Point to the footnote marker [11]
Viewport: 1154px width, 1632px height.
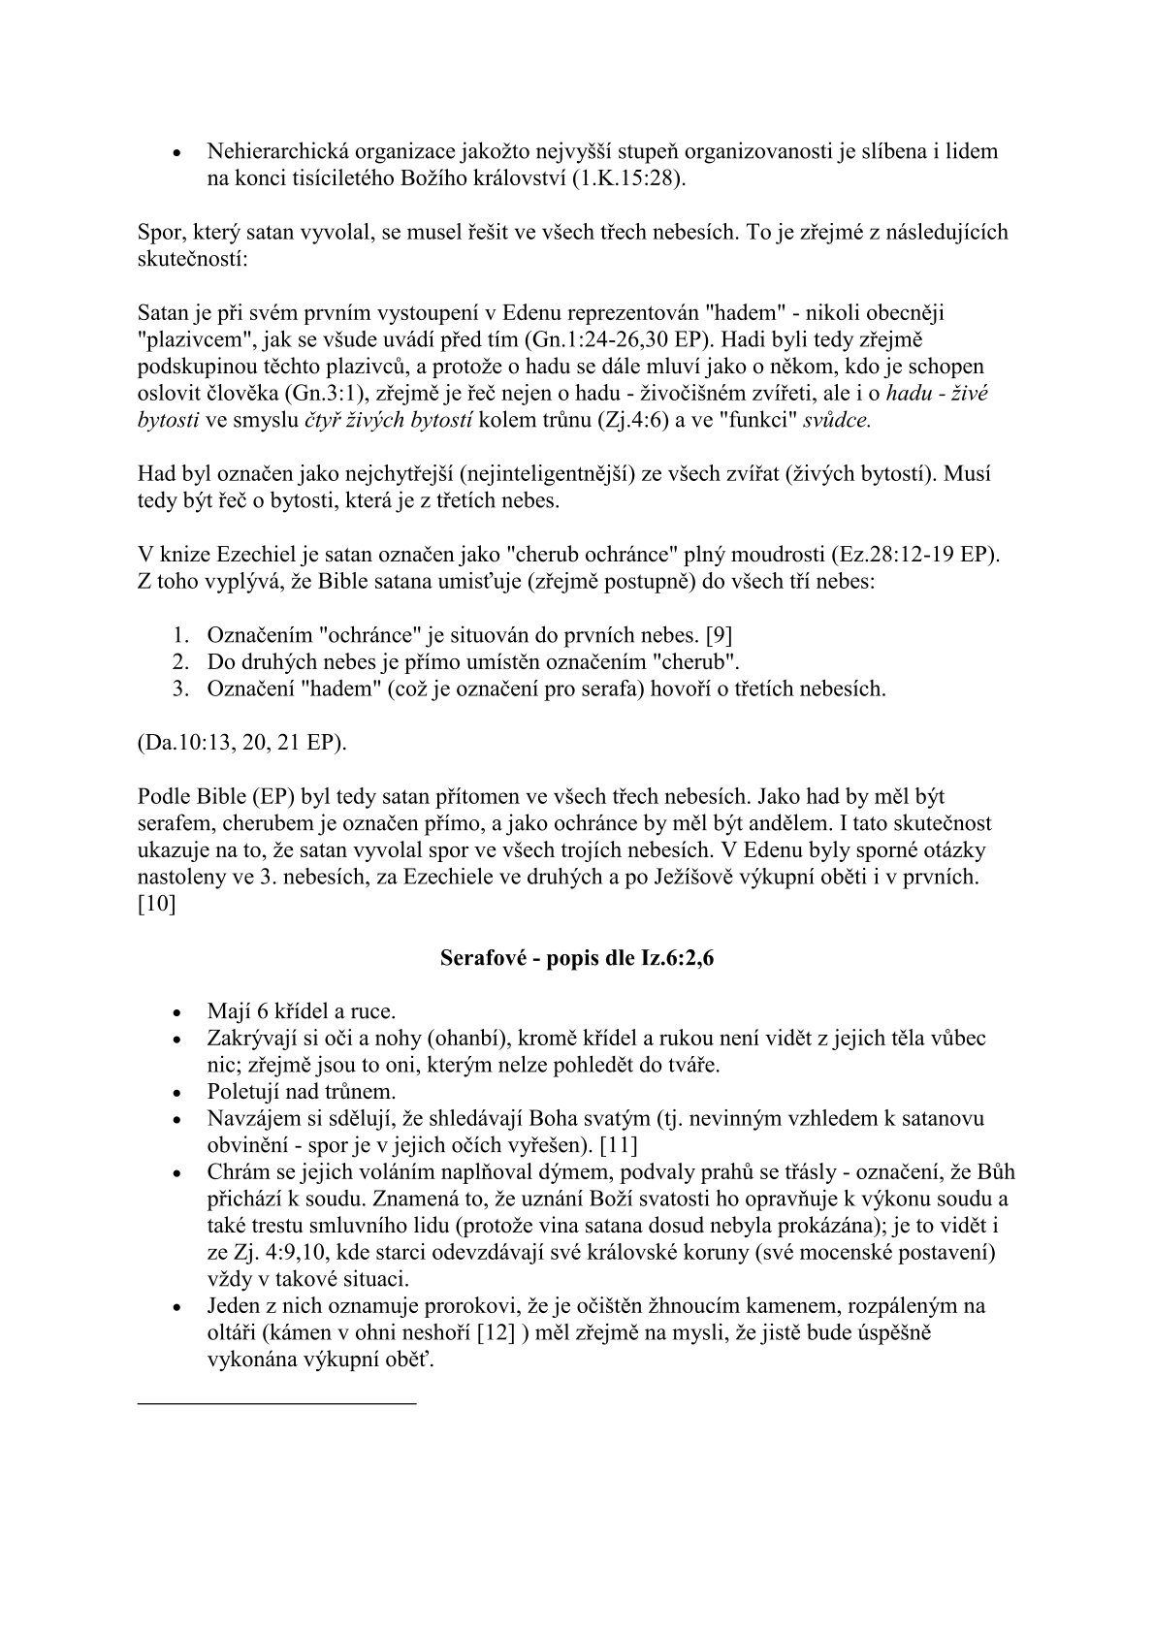pyautogui.click(x=618, y=1144)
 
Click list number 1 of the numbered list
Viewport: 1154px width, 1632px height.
pyautogui.click(x=178, y=636)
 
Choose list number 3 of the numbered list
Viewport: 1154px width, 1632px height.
pyautogui.click(x=178, y=689)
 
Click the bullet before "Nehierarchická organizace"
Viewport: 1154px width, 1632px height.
pyautogui.click(x=176, y=153)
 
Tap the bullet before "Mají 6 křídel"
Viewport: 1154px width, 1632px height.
pyautogui.click(x=176, y=1012)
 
